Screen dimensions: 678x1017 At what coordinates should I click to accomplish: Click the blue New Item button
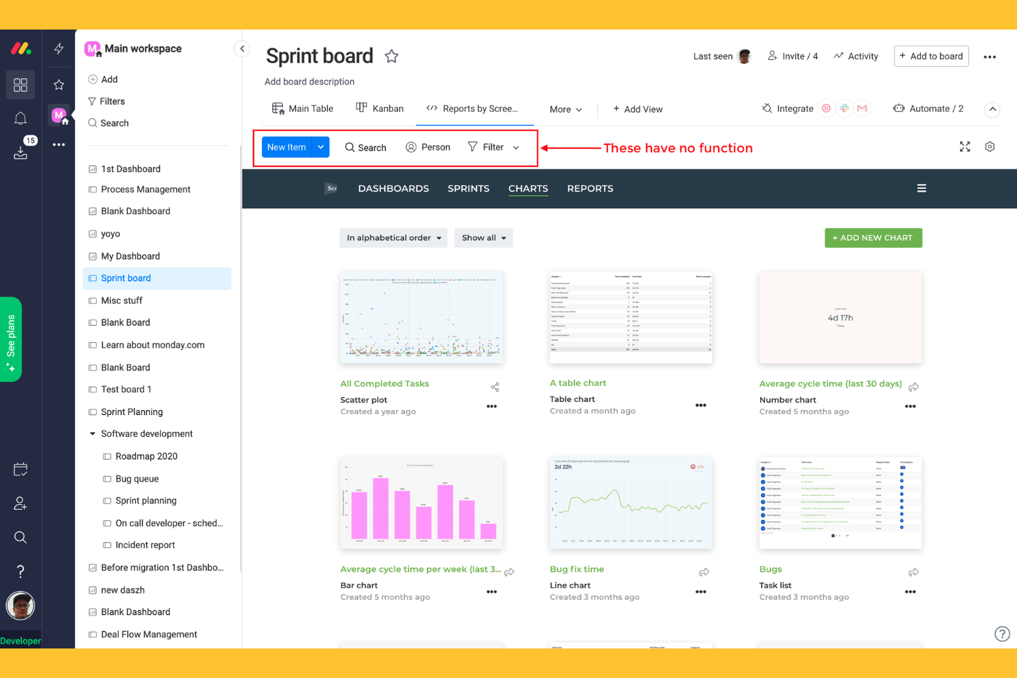pos(287,147)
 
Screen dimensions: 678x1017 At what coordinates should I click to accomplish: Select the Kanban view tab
pos(380,109)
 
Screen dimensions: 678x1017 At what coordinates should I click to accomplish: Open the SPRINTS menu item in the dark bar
pos(469,188)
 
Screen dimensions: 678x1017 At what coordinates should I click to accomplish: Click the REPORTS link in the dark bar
pos(590,188)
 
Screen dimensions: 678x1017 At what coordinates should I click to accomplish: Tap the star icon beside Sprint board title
pos(392,56)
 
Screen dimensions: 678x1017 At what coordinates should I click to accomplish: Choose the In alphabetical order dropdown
pos(393,238)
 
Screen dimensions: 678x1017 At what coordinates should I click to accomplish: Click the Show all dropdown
pos(483,238)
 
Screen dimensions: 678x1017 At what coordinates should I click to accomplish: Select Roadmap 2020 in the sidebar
pos(146,456)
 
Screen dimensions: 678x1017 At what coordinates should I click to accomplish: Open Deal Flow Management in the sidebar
pos(149,634)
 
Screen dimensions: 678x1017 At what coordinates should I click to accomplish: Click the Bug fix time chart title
pos(577,569)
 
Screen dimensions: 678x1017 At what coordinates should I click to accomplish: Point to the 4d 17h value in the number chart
pos(840,318)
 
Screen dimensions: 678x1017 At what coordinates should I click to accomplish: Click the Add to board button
pos(931,56)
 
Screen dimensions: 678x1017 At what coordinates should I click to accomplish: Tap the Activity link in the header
pos(856,56)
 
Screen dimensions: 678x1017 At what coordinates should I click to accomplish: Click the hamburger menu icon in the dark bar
pos(921,188)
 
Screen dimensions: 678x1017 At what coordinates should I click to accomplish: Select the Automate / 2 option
pos(928,109)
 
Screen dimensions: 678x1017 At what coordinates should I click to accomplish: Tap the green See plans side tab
pos(11,339)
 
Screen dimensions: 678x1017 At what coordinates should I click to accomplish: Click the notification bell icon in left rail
pos(21,118)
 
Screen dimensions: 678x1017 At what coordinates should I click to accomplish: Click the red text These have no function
pos(678,148)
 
